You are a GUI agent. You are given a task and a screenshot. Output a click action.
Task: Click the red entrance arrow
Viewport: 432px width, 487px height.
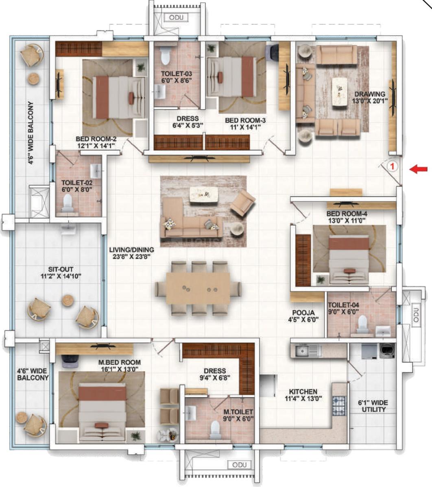point(418,169)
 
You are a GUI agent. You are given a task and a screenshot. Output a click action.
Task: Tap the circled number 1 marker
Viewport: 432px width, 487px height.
point(392,166)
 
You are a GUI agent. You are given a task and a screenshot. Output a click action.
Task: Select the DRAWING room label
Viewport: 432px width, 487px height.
point(370,94)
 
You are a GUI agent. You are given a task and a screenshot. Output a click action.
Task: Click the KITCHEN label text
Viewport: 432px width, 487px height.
point(303,392)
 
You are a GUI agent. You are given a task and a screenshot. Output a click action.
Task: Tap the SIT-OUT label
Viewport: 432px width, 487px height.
point(61,269)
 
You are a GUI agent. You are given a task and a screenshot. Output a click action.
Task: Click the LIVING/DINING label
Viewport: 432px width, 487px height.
point(131,249)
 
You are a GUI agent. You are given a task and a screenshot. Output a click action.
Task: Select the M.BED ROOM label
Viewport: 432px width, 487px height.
point(120,362)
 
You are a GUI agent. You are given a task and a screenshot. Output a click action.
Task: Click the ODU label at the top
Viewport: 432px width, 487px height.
point(176,17)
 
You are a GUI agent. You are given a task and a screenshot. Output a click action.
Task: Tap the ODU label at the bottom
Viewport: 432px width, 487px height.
point(239,465)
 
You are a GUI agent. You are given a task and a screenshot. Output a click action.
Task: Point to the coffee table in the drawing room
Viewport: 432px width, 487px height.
point(339,92)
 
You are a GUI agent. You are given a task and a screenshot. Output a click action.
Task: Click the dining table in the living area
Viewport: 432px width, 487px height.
point(198,288)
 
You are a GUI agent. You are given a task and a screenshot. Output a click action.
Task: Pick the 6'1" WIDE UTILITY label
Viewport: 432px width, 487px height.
point(373,406)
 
